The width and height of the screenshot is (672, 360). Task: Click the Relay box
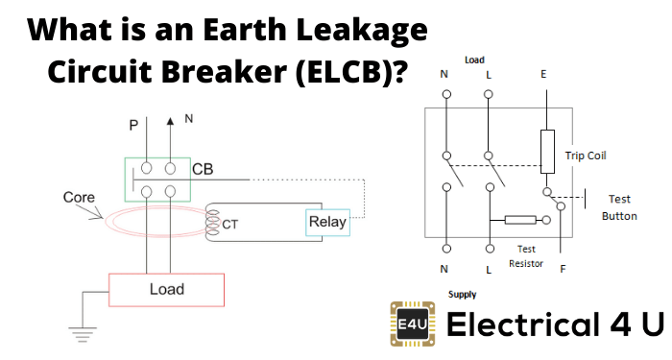click(326, 222)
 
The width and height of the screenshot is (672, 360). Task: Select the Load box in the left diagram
click(166, 289)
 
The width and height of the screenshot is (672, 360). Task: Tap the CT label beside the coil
click(230, 226)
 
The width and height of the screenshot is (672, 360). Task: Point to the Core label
click(79, 198)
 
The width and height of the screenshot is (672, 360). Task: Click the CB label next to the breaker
click(204, 170)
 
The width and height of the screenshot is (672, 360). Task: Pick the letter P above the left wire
click(132, 125)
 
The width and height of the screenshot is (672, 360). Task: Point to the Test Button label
click(619, 207)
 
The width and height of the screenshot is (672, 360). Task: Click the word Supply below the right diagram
click(462, 295)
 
